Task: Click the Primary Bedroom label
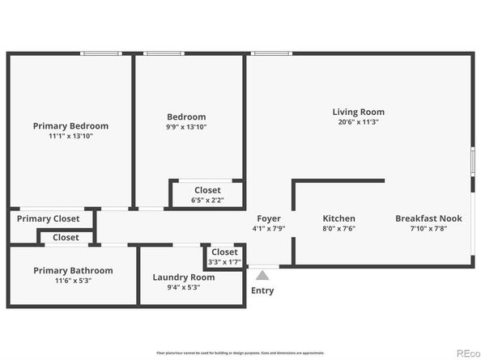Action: point(70,126)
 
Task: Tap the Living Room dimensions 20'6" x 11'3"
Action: point(358,122)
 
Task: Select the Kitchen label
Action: point(338,218)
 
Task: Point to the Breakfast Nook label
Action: point(428,218)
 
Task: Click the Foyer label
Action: point(269,218)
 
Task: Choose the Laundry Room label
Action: point(184,277)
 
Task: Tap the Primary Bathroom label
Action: point(73,270)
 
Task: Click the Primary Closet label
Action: point(49,218)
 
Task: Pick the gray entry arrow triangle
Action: point(262,276)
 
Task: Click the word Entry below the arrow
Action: point(262,290)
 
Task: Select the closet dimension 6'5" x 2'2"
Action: point(207,200)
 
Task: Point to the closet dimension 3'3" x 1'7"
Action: point(224,261)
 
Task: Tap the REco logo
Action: point(467,353)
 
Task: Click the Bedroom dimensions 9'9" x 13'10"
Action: point(186,126)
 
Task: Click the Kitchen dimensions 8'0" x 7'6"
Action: point(338,228)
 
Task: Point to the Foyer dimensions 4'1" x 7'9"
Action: point(269,228)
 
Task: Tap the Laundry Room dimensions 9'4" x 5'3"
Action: point(184,287)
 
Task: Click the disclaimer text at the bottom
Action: point(240,353)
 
